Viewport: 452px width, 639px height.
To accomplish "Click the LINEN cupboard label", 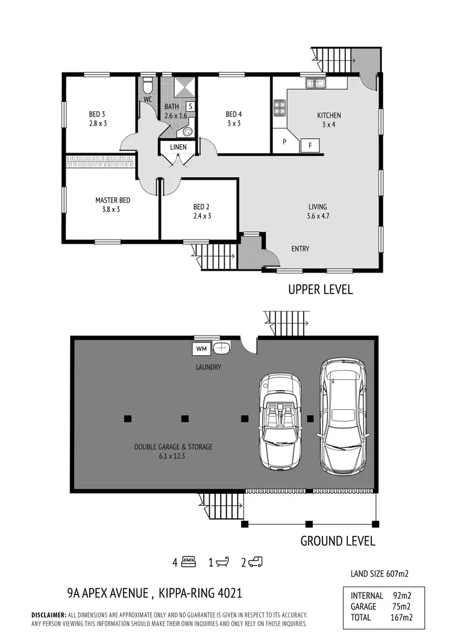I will pos(178,147).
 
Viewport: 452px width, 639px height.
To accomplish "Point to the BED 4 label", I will pos(234,114).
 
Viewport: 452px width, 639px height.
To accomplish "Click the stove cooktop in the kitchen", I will pos(280,107).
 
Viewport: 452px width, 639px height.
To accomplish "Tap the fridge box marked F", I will pos(310,145).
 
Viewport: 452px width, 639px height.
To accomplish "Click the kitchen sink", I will pos(314,83).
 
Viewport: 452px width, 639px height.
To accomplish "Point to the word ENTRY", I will pos(300,248).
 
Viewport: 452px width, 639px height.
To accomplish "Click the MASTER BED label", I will pos(113,200).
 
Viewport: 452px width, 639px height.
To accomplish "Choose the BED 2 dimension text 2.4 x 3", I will pos(202,216).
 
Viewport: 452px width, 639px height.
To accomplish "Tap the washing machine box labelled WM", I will pos(200,348).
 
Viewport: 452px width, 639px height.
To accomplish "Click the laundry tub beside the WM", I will pos(222,347).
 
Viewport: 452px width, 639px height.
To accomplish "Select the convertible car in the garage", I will pos(280,422).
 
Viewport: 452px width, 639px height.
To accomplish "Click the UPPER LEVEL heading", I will pos(320,290).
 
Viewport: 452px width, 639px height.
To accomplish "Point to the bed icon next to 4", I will pos(189,562).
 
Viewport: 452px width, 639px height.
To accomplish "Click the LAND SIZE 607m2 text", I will pos(379,574).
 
